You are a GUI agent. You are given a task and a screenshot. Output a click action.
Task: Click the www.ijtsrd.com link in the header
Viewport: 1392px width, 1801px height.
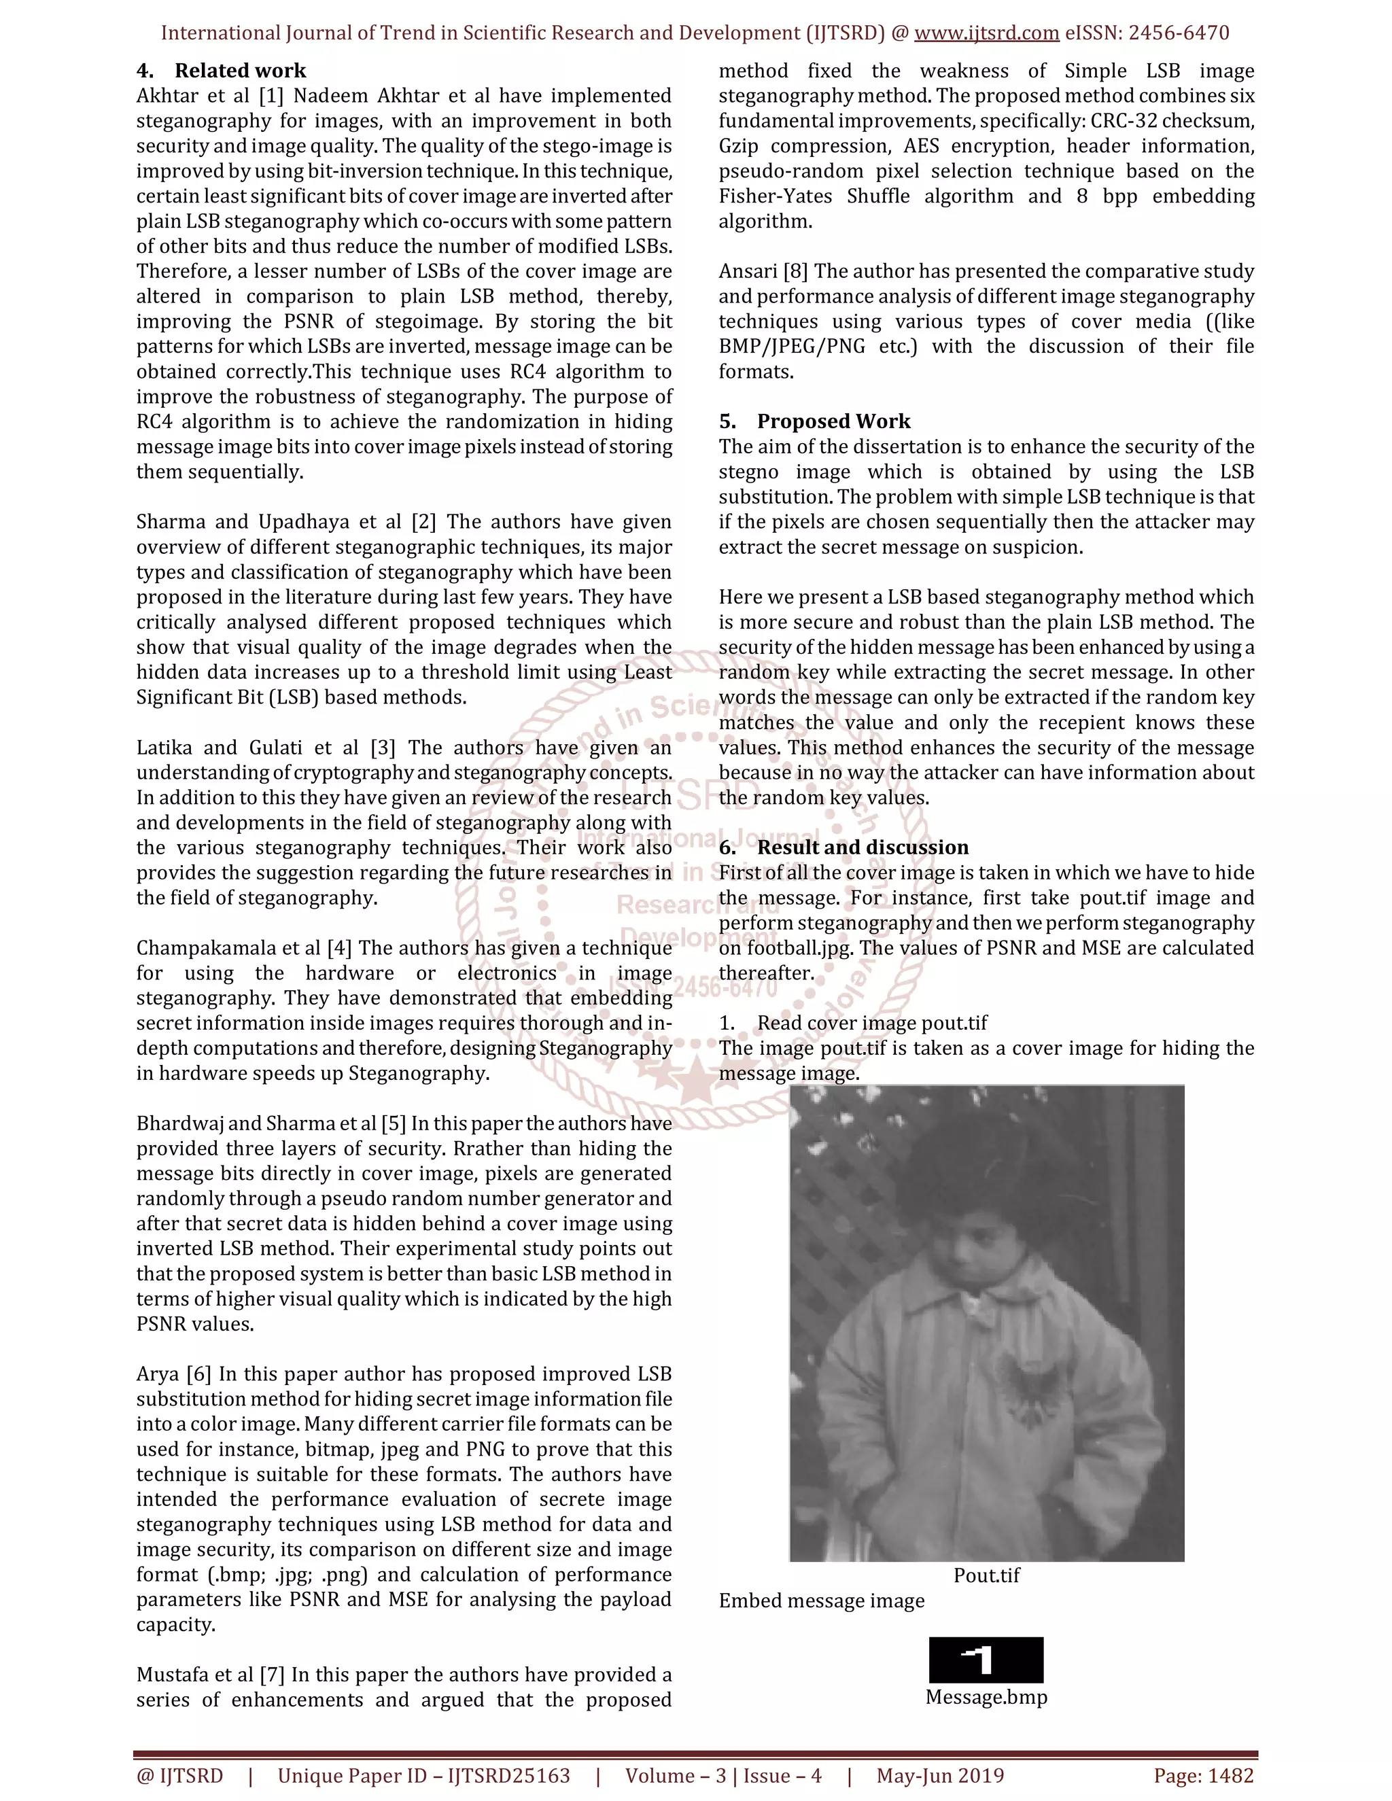(x=986, y=33)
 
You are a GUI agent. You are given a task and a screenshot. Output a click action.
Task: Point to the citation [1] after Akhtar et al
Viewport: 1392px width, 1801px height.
(x=271, y=96)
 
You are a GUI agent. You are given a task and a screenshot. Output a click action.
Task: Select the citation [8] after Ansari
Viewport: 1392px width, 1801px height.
(x=796, y=271)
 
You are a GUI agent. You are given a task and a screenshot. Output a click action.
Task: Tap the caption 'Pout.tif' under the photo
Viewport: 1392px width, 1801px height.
(x=986, y=1575)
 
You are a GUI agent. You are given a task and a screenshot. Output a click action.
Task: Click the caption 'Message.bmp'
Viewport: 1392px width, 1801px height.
(x=986, y=1697)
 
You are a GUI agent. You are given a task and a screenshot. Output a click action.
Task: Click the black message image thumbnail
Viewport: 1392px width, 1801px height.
(x=986, y=1660)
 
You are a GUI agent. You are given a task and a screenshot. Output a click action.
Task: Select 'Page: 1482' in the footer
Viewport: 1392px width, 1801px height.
(x=1203, y=1775)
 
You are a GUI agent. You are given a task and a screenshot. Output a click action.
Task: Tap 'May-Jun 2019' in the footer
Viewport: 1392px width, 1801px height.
(x=939, y=1775)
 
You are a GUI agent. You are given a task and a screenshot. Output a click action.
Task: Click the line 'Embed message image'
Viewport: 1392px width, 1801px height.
(x=821, y=1601)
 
